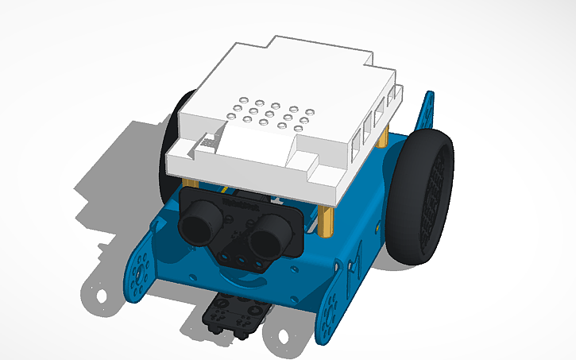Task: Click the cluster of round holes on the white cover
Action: tap(266, 114)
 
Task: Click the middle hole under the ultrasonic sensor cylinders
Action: tap(239, 257)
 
